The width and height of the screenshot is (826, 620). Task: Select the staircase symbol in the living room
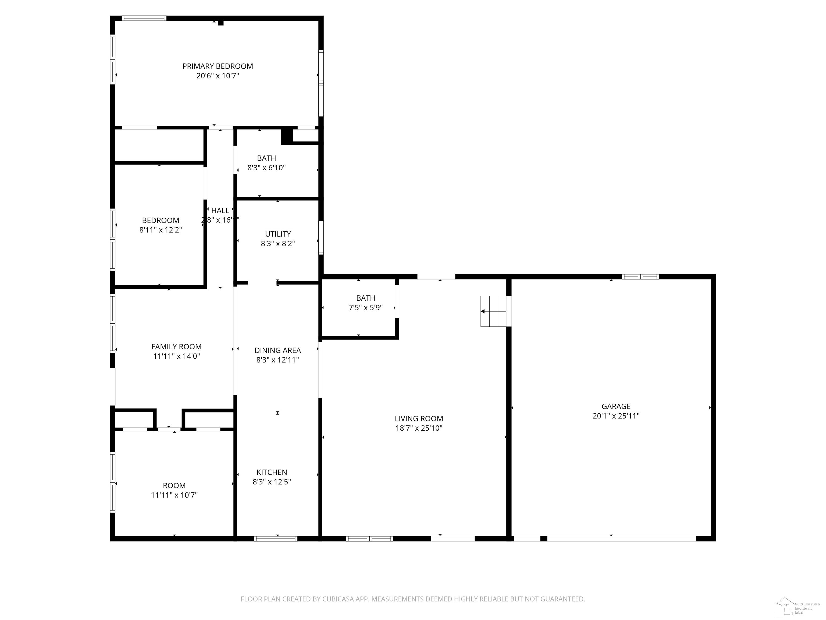[x=495, y=311]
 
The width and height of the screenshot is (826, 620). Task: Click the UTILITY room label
[x=278, y=234]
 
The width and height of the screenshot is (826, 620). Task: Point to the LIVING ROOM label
[x=419, y=418]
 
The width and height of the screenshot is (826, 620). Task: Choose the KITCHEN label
[x=272, y=472]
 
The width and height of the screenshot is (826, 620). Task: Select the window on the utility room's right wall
[x=321, y=238]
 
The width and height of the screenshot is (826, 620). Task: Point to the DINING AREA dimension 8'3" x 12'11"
[x=277, y=360]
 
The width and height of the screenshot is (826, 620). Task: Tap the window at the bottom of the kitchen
[x=276, y=538]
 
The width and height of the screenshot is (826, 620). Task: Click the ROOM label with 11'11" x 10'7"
[x=174, y=485]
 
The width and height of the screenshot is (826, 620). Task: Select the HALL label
[x=220, y=210]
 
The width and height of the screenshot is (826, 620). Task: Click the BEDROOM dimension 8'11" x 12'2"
[x=161, y=230]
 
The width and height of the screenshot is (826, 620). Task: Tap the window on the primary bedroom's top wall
[x=144, y=18]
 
